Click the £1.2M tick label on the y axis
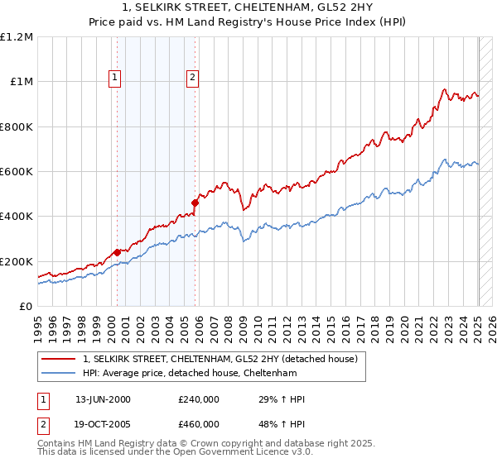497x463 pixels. pyautogui.click(x=17, y=37)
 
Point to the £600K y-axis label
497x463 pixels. pyautogui.click(x=17, y=172)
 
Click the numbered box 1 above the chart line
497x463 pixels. pyautogui.click(x=114, y=79)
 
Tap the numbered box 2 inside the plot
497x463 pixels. pyautogui.click(x=192, y=79)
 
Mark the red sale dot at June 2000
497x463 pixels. pyautogui.click(x=117, y=252)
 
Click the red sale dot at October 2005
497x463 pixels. pyautogui.click(x=195, y=203)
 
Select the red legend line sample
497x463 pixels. pyautogui.click(x=57, y=359)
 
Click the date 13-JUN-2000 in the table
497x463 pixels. pyautogui.click(x=103, y=399)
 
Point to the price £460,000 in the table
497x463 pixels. pyautogui.click(x=198, y=424)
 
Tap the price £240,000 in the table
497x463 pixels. pyautogui.click(x=198, y=399)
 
